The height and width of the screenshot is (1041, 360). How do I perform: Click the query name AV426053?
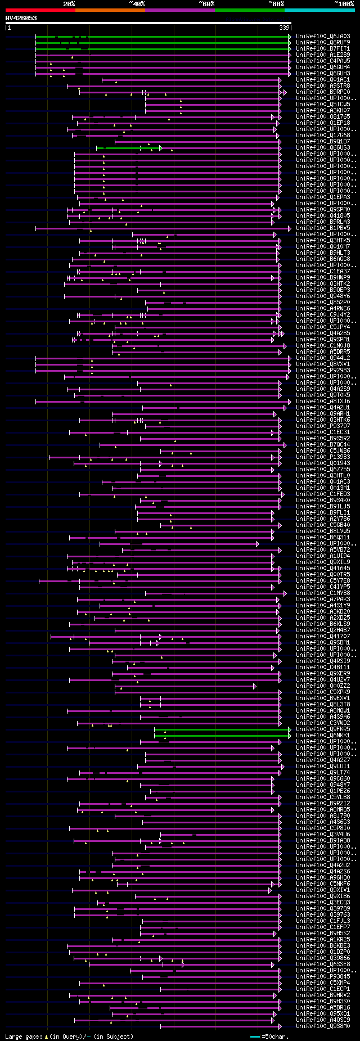21,18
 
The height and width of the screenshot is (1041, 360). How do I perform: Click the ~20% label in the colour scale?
69,3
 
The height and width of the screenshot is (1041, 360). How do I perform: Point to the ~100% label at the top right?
344,3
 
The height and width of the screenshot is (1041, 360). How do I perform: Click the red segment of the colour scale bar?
40,10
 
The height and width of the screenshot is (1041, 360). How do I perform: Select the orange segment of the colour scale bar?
110,10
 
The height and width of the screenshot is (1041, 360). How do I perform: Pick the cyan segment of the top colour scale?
319,10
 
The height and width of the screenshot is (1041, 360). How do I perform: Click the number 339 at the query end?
284,28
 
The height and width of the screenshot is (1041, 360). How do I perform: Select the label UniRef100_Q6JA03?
323,37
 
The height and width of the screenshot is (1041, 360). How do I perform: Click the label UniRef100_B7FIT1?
323,49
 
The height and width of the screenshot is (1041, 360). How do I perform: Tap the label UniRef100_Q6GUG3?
323,148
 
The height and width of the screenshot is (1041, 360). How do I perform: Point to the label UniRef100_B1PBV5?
323,228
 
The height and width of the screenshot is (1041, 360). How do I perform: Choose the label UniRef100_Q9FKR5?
323,729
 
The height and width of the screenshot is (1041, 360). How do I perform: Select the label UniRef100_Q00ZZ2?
323,686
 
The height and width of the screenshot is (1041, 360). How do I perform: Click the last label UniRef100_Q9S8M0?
323,1026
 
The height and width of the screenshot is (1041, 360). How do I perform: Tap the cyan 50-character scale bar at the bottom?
255,1037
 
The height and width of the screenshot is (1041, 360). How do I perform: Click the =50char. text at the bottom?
275,1037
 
